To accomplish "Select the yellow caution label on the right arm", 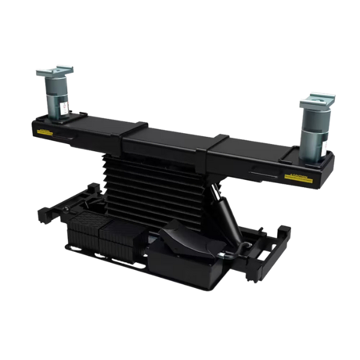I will [x=298, y=177].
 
